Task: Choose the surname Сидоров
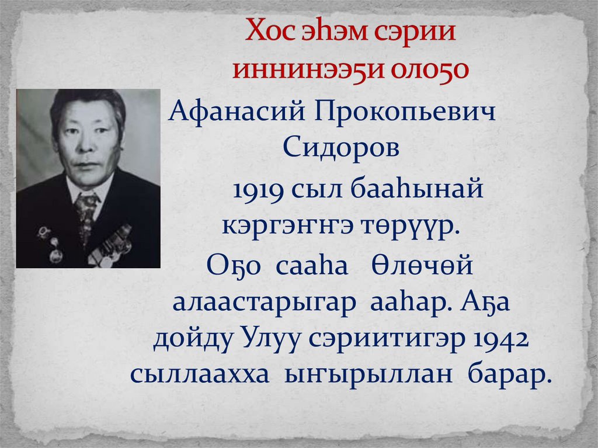point(341,147)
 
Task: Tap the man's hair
point(88,101)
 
